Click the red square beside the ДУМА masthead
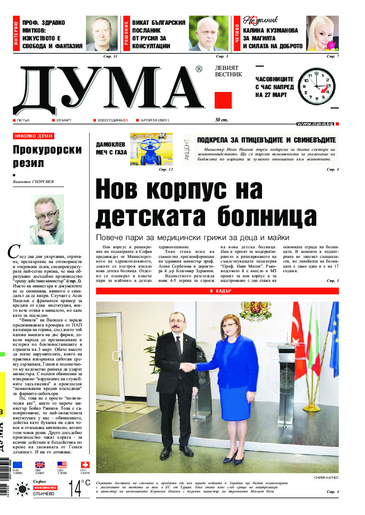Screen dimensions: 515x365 tap(223, 100)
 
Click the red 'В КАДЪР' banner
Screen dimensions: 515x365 tap(217, 291)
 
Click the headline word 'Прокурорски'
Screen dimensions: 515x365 tap(47, 150)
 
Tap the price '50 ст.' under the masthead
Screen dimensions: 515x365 tap(221, 120)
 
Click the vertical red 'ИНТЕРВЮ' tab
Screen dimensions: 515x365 tap(17, 34)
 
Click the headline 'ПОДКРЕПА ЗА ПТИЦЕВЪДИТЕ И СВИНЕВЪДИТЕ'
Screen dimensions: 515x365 tap(266, 140)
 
